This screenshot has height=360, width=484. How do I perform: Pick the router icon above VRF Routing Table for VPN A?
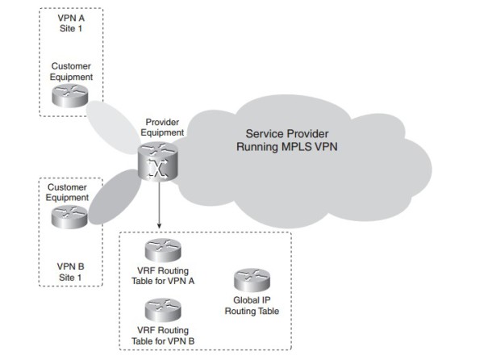tap(161, 250)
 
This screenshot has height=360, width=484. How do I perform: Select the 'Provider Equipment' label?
tap(165, 127)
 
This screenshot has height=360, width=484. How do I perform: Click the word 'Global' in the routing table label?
tap(240, 299)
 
